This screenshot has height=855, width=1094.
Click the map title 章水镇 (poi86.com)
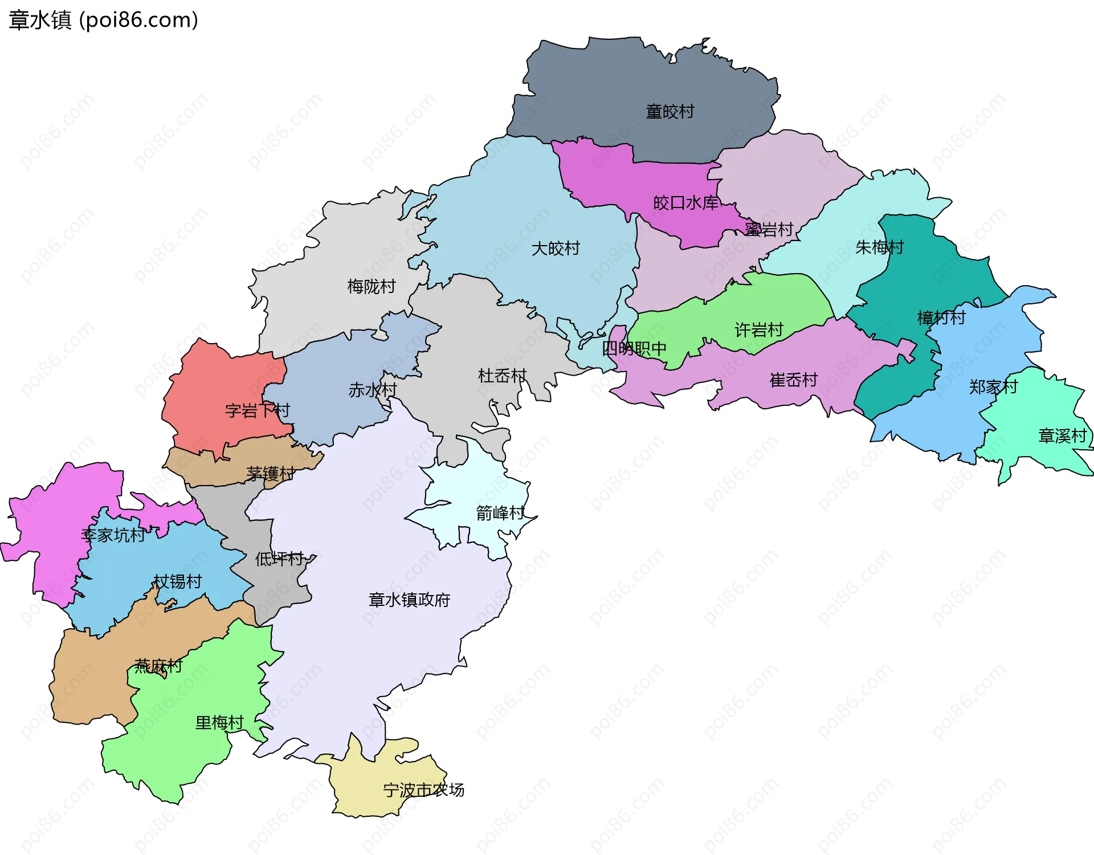pyautogui.click(x=103, y=20)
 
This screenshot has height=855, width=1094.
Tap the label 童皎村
pyautogui.click(x=670, y=112)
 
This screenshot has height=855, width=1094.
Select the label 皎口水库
pyautogui.click(x=686, y=203)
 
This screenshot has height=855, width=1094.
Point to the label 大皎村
pyautogui.click(x=556, y=249)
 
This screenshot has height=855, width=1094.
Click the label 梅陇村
pyautogui.click(x=372, y=286)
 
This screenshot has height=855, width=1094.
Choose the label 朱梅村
pyautogui.click(x=880, y=247)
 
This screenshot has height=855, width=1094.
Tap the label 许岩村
pyautogui.click(x=759, y=330)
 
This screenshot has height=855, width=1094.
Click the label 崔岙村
pyautogui.click(x=794, y=380)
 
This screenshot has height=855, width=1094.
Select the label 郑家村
pyautogui.click(x=994, y=387)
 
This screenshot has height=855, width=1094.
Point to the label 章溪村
pyautogui.click(x=1063, y=436)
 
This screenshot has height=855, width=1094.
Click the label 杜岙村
pyautogui.click(x=502, y=376)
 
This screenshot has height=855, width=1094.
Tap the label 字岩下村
pyautogui.click(x=258, y=410)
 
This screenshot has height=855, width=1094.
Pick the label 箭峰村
pyautogui.click(x=500, y=514)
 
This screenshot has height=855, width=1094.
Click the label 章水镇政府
pyautogui.click(x=409, y=600)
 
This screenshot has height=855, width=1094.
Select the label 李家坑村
pyautogui.click(x=113, y=535)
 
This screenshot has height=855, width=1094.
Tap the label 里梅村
pyautogui.click(x=219, y=723)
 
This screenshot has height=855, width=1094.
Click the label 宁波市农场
pyautogui.click(x=423, y=790)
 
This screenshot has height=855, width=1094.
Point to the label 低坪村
pyautogui.click(x=279, y=559)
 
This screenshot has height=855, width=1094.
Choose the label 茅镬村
pyautogui.click(x=271, y=474)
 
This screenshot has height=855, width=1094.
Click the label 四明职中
pyautogui.click(x=634, y=348)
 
